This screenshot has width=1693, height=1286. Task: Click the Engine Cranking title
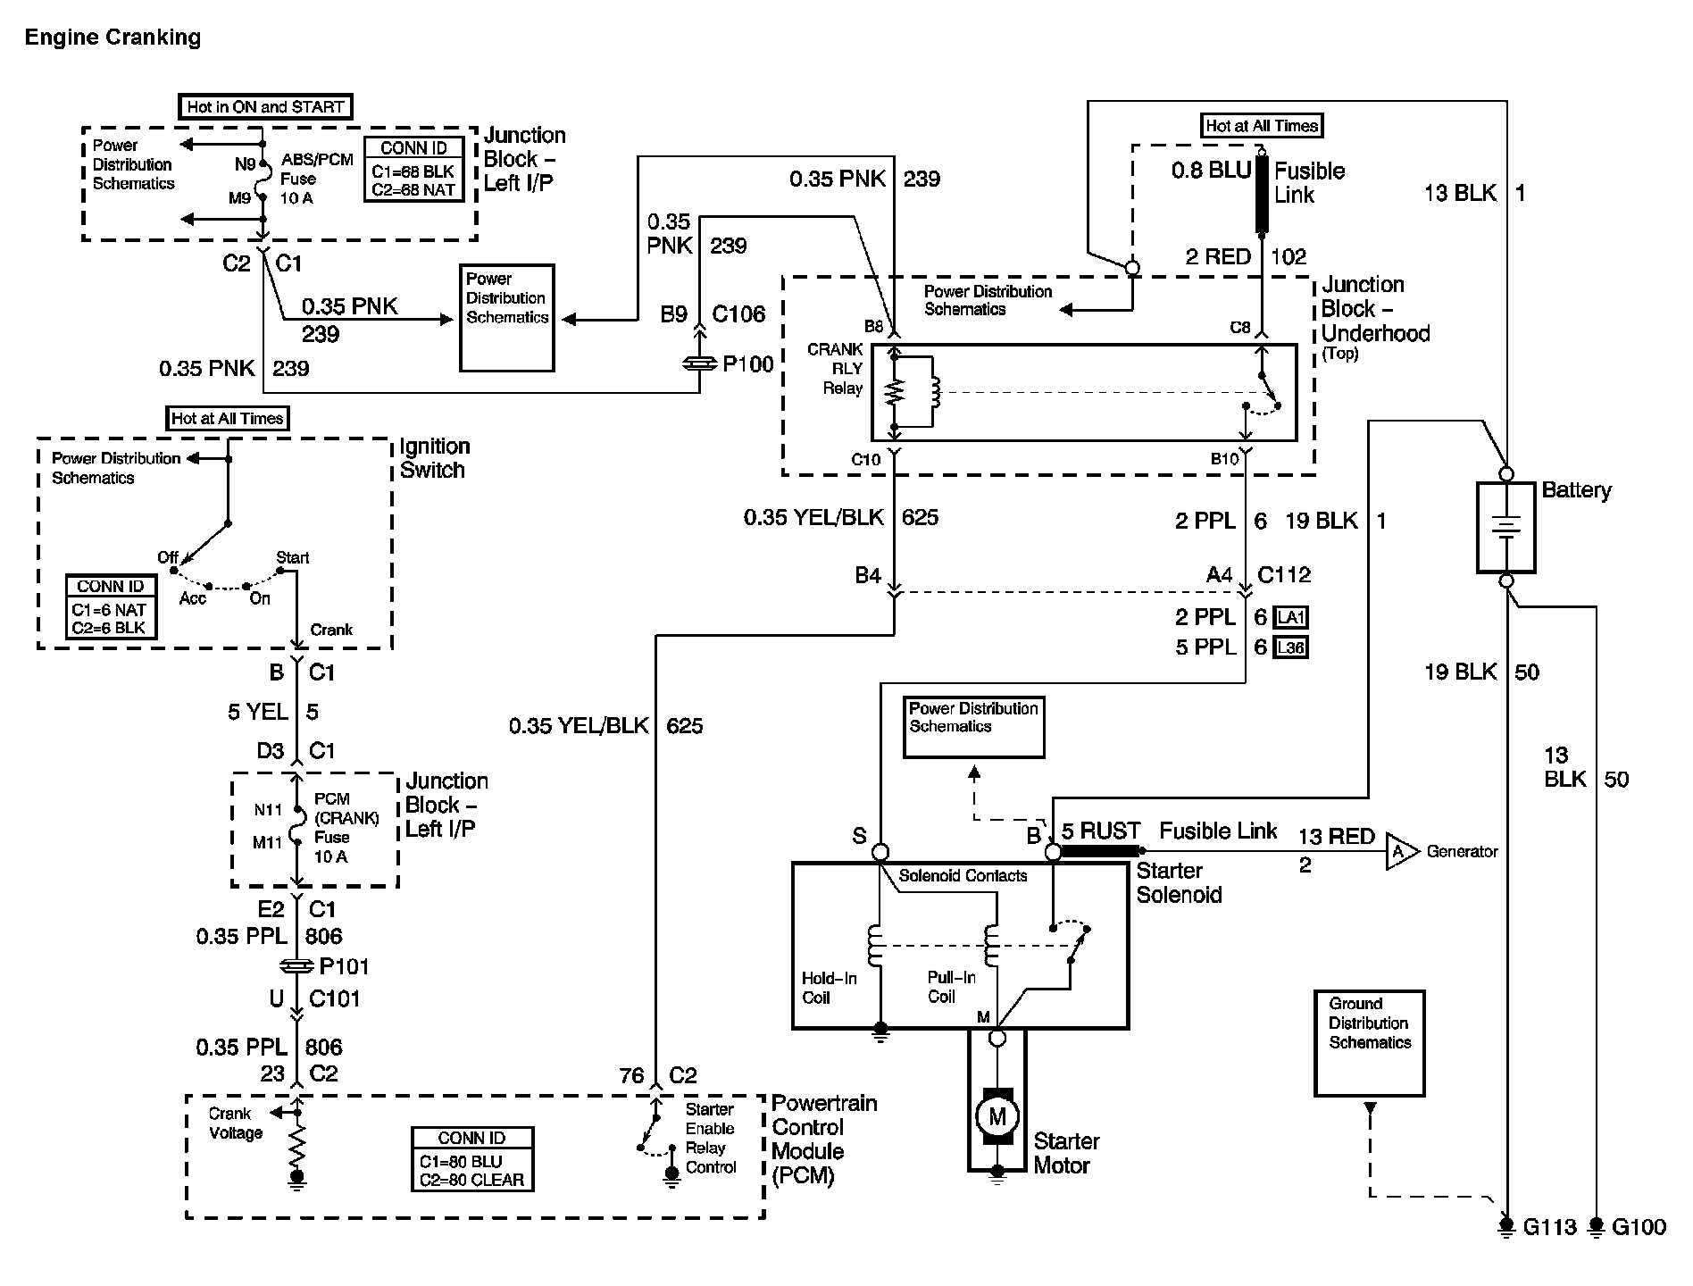[x=113, y=38]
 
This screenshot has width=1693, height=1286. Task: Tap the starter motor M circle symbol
[x=997, y=1115]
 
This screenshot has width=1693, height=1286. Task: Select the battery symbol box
[x=1505, y=527]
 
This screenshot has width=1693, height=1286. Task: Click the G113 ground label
[x=1549, y=1227]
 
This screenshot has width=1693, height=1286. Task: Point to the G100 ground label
[x=1639, y=1227]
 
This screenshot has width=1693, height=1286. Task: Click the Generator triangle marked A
[x=1400, y=851]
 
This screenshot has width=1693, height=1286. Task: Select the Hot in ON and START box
[x=265, y=107]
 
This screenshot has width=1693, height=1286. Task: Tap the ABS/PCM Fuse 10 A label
[x=316, y=179]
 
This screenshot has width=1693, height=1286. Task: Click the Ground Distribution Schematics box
[x=1369, y=1042]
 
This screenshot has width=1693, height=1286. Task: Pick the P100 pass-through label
[x=747, y=364]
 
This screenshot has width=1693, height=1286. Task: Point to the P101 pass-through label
[x=344, y=966]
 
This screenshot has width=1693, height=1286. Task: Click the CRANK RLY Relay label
[x=836, y=368]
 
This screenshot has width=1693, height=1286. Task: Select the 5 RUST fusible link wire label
[x=1101, y=831]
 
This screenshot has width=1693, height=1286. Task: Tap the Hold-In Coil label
[x=829, y=988]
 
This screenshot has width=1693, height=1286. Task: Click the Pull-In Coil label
[x=951, y=987]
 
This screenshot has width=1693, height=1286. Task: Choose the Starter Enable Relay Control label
[x=711, y=1138]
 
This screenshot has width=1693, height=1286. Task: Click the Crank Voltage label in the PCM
[x=235, y=1123]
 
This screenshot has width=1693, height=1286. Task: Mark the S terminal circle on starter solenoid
[x=880, y=852]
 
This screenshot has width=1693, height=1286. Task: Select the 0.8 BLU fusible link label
[x=1211, y=171]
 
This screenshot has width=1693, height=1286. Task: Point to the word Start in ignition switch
[x=292, y=558]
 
